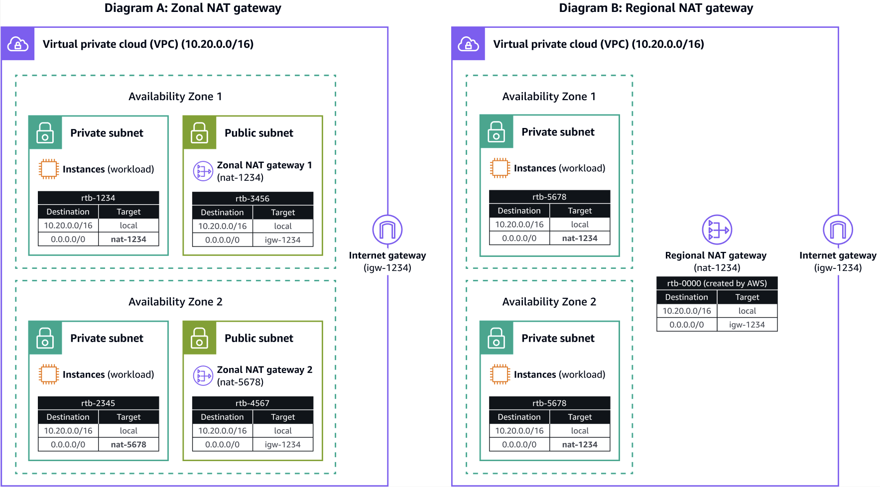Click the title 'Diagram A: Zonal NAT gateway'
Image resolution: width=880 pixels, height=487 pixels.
point(193,8)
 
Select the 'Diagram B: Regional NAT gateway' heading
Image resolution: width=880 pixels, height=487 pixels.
point(656,8)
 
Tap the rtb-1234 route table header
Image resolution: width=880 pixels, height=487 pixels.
point(98,198)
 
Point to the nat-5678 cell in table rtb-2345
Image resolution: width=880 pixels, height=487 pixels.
point(128,445)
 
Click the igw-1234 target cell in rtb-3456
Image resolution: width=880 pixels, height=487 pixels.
point(283,240)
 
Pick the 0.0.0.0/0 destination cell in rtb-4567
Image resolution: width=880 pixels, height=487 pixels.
point(222,445)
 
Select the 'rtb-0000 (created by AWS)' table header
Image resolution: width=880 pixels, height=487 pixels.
point(717,283)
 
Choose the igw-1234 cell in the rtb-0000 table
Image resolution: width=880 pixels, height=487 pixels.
point(747,325)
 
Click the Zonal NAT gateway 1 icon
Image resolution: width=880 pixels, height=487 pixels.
point(203,171)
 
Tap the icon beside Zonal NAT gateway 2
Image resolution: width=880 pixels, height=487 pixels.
point(203,376)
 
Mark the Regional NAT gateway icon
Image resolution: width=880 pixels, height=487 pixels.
point(717,230)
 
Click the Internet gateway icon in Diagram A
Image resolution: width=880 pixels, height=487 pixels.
point(387,230)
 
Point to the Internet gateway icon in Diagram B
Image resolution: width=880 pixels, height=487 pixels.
point(838,230)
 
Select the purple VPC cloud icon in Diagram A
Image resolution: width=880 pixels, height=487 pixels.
point(18,44)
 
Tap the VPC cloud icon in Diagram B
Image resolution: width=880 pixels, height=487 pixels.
point(469,44)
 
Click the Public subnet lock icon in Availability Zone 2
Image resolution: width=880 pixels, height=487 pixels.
point(200,338)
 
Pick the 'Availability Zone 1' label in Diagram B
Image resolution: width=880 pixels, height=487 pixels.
point(549,97)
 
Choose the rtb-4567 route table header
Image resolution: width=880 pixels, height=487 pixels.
point(252,403)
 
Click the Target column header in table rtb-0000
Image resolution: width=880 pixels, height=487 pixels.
point(747,297)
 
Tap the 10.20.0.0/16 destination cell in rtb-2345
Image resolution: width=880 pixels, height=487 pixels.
point(68,431)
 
